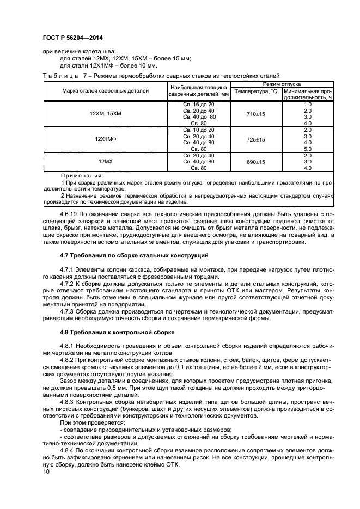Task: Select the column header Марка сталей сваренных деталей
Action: (x=105, y=91)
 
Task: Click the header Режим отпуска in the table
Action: (x=283, y=84)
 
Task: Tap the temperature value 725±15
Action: (x=255, y=139)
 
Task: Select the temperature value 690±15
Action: (x=255, y=162)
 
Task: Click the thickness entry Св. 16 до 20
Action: (x=198, y=103)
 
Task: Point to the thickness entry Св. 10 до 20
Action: (x=198, y=130)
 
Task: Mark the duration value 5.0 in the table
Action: (x=307, y=149)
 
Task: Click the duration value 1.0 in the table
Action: (x=307, y=103)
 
